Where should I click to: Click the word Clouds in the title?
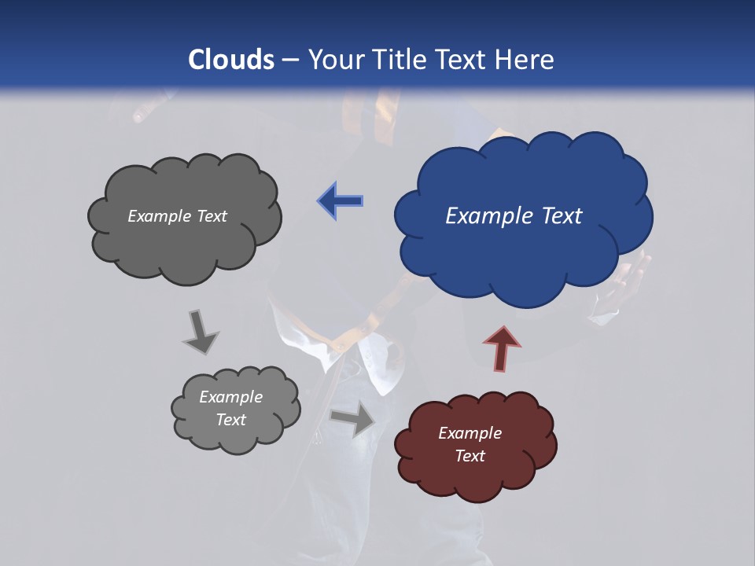click(231, 59)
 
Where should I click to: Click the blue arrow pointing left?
click(341, 201)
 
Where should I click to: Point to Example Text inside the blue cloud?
click(514, 215)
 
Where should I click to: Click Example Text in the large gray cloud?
click(177, 215)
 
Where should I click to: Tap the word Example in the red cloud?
click(470, 432)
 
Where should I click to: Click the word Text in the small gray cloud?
click(230, 420)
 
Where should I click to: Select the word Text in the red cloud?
click(470, 456)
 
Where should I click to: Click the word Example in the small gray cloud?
click(230, 397)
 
